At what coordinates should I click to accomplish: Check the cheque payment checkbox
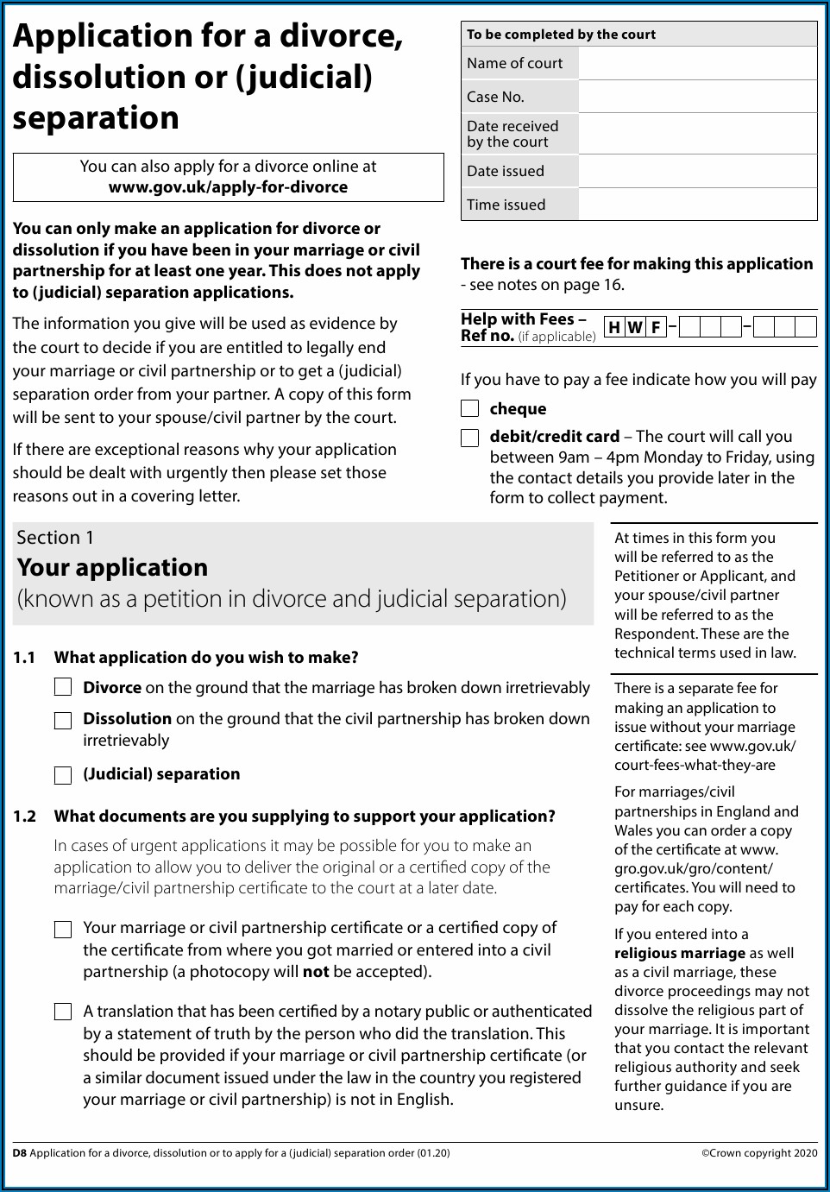click(469, 408)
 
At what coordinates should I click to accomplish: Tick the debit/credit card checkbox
click(469, 438)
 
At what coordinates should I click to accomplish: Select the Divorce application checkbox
click(63, 687)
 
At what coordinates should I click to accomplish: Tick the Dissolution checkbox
click(63, 720)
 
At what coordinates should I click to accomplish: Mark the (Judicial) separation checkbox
click(63, 775)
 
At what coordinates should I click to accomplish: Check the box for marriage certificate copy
click(63, 929)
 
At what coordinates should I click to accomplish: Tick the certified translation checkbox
click(63, 1012)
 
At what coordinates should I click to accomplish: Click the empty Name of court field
click(697, 63)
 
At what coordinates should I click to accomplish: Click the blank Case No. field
click(697, 97)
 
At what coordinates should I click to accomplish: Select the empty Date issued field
click(697, 171)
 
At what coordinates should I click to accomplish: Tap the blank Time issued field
click(697, 205)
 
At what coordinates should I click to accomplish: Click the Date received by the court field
click(697, 134)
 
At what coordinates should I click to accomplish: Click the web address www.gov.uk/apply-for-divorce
click(228, 187)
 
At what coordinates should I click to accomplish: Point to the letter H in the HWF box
click(614, 327)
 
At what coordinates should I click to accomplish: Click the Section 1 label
click(55, 538)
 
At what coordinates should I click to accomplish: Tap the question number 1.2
click(25, 817)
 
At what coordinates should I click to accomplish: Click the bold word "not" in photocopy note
click(316, 972)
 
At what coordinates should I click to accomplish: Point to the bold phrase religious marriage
click(680, 954)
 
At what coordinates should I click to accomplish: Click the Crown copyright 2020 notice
click(758, 1153)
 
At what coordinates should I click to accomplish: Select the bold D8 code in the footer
click(19, 1153)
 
